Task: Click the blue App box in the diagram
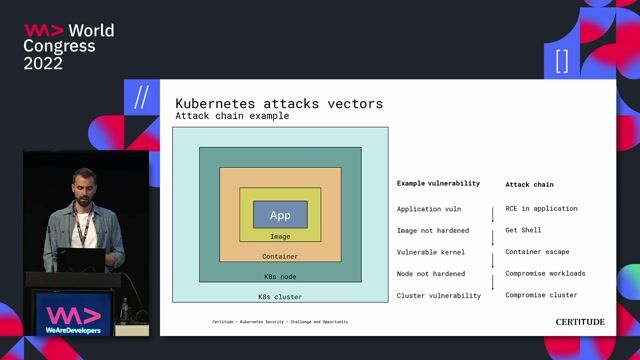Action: pos(280,215)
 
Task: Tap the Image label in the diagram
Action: pos(280,237)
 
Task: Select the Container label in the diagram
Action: pos(280,256)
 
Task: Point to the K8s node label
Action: pos(280,276)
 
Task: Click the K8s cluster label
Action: pos(280,296)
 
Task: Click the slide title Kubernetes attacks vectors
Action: pos(279,103)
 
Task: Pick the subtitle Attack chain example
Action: pos(232,116)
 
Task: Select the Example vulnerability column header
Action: pos(438,184)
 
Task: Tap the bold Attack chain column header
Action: pos(529,184)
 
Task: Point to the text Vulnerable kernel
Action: pos(431,252)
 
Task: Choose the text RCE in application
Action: pos(541,209)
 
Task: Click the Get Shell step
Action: pos(523,230)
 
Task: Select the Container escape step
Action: pos(537,252)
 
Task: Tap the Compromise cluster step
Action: pos(541,295)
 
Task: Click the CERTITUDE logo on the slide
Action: pos(580,322)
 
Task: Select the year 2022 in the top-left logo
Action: pos(43,63)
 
